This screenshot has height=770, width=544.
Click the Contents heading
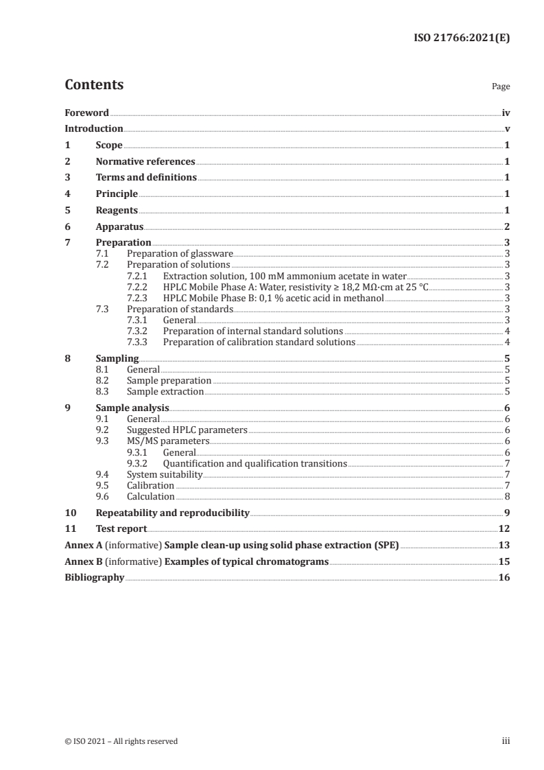pyautogui.click(x=94, y=85)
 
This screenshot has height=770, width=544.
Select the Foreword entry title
pyautogui.click(x=86, y=113)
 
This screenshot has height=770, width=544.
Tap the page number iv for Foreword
pyautogui.click(x=506, y=113)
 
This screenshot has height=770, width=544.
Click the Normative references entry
pyautogui.click(x=145, y=162)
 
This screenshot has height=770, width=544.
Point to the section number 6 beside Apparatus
pyautogui.click(x=67, y=226)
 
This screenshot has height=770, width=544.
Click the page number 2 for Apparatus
pyautogui.click(x=507, y=226)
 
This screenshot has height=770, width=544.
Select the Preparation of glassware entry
pyautogui.click(x=180, y=254)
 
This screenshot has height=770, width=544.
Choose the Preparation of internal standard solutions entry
pyautogui.click(x=253, y=331)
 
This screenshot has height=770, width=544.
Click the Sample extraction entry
pyautogui.click(x=165, y=392)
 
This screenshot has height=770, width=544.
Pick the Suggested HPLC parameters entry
pyautogui.click(x=187, y=430)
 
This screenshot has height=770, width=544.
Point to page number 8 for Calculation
pyautogui.click(x=507, y=496)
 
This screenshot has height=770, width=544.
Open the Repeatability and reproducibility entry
pyautogui.click(x=172, y=513)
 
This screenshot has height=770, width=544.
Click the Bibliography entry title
pyautogui.click(x=94, y=578)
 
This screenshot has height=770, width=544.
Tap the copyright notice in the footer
pyautogui.click(x=121, y=741)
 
